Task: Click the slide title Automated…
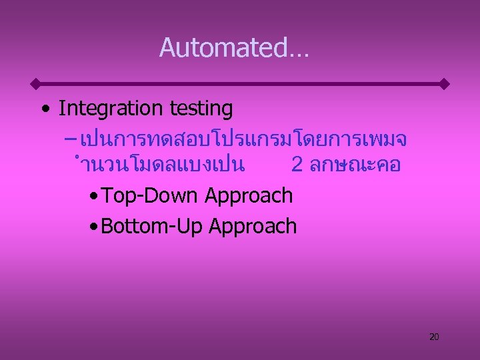click(234, 48)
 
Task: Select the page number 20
click(434, 337)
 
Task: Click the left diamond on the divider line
click(37, 85)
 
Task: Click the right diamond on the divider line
click(444, 85)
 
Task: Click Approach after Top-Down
click(249, 195)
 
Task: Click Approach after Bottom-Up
click(253, 226)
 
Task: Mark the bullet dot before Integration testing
click(44, 109)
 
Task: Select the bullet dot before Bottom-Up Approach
click(93, 227)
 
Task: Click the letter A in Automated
click(167, 48)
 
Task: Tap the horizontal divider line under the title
click(240, 85)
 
